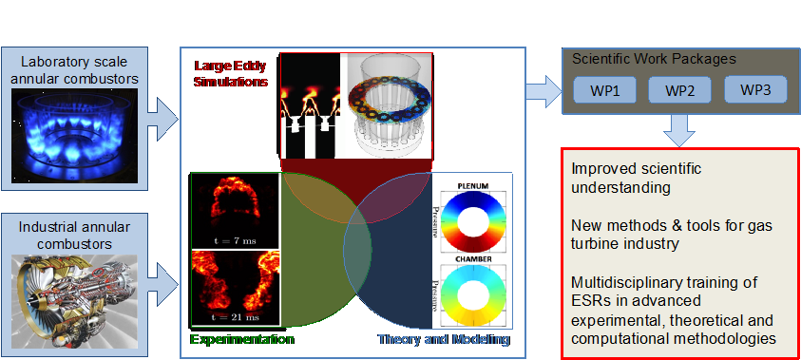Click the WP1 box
(605, 90)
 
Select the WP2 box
(679, 90)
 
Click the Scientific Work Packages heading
(654, 59)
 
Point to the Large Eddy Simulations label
(231, 73)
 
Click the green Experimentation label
(241, 339)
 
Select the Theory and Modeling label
(444, 339)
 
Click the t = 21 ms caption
(235, 317)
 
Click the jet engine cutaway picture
(74, 301)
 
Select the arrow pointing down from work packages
(679, 130)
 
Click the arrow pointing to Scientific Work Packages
(544, 91)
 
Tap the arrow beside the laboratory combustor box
(163, 120)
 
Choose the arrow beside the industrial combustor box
(163, 283)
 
